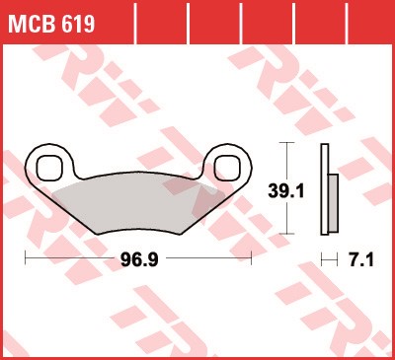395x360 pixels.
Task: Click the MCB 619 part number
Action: (x=51, y=24)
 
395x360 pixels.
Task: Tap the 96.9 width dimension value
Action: (x=139, y=260)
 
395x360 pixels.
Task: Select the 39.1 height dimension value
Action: (x=286, y=191)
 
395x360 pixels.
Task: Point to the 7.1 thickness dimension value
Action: (x=360, y=260)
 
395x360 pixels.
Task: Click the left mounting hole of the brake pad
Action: (x=49, y=169)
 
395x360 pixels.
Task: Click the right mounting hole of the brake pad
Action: (x=227, y=169)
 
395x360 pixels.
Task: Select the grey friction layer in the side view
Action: (x=333, y=203)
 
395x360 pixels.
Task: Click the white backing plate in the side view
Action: (x=325, y=189)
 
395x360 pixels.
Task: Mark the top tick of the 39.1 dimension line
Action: (x=286, y=143)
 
